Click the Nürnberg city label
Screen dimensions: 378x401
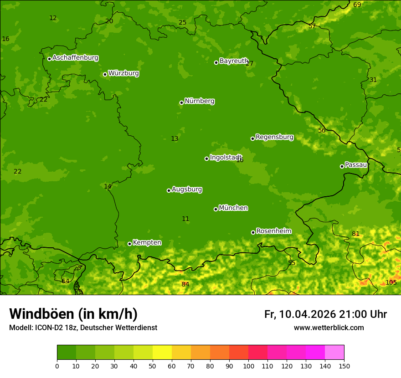click(x=199, y=101)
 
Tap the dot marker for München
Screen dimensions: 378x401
click(x=216, y=209)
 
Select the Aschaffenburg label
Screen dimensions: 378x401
click(x=75, y=58)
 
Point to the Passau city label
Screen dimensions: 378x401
click(x=356, y=165)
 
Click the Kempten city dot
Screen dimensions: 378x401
click(x=129, y=244)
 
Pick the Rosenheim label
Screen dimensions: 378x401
click(x=273, y=231)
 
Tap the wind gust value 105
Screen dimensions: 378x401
click(x=391, y=282)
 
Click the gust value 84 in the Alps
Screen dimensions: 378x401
click(x=185, y=284)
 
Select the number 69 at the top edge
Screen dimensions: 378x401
click(x=357, y=5)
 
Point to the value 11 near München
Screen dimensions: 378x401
click(x=185, y=219)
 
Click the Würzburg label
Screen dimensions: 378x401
click(x=123, y=73)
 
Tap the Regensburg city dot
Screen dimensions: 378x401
click(x=252, y=138)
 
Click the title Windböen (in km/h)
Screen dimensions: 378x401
click(x=73, y=314)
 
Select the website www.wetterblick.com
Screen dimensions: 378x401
click(x=329, y=327)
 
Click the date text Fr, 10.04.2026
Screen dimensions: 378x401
click(x=300, y=314)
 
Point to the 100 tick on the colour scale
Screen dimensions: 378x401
click(x=248, y=365)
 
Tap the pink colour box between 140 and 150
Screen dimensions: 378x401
click(x=334, y=352)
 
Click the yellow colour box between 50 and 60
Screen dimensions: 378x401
click(x=162, y=352)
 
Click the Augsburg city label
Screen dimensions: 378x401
click(x=187, y=189)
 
